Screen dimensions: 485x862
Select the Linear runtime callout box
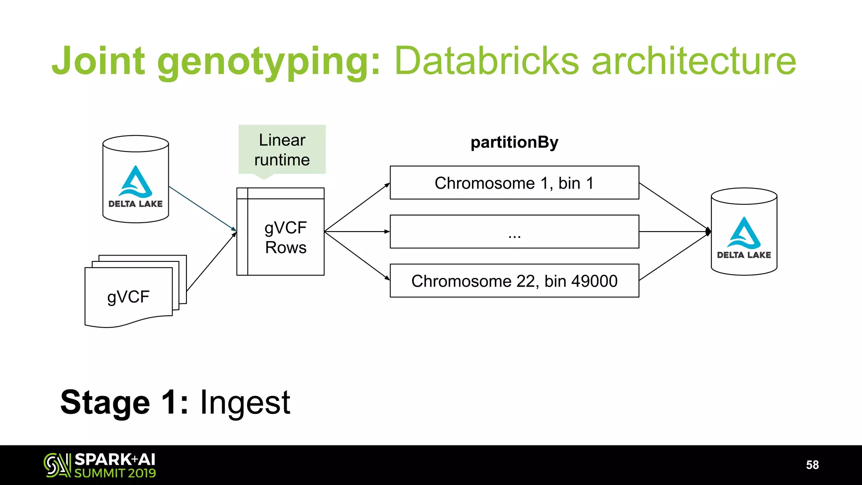282,149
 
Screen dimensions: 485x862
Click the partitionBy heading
514,142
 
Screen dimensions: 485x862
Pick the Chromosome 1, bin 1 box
514,183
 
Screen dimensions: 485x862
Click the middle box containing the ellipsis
514,232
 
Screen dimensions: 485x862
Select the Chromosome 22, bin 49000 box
514,281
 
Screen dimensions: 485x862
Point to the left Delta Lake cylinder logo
136,185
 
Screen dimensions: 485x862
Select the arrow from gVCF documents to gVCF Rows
211,262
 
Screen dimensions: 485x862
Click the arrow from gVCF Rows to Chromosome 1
357,208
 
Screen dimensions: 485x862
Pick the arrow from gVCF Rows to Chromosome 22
357,256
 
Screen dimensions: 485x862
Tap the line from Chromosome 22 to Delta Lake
673,257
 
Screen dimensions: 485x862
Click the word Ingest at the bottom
245,403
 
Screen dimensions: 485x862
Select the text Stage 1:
124,403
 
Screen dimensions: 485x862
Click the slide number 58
812,465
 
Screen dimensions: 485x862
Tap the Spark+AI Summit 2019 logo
100,465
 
